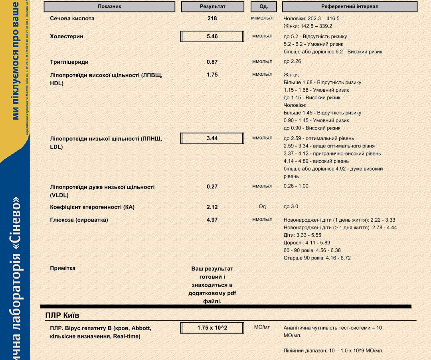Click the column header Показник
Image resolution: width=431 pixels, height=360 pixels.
pyautogui.click(x=109, y=7)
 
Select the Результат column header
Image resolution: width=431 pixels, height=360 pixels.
pyautogui.click(x=212, y=7)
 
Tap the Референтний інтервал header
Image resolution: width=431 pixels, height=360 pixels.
pyautogui.click(x=350, y=7)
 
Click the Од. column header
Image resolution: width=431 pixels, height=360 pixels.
pyautogui.click(x=263, y=7)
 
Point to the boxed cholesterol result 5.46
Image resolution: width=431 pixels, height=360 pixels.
pyautogui.click(x=212, y=36)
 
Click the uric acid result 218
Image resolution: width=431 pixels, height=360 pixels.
pyautogui.click(x=212, y=19)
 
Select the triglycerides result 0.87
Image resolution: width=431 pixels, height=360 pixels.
pyautogui.click(x=212, y=62)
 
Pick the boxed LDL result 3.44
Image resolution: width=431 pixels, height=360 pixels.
pyautogui.click(x=212, y=138)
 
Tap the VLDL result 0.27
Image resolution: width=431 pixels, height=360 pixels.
pyautogui.click(x=212, y=187)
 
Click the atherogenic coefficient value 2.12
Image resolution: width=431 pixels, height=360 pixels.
pyautogui.click(x=212, y=207)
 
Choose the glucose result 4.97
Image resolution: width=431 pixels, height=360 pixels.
pyautogui.click(x=212, y=220)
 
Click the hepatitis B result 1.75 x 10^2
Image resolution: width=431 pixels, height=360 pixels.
pyautogui.click(x=212, y=328)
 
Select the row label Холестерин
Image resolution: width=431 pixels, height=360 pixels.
pyautogui.click(x=67, y=36)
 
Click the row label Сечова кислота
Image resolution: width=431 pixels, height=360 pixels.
pyautogui.click(x=72, y=19)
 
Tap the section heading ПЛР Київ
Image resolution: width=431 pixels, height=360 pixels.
pyautogui.click(x=62, y=315)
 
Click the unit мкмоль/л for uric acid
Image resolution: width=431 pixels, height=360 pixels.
pyautogui.click(x=262, y=18)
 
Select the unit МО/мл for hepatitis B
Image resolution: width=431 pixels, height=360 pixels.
pyautogui.click(x=262, y=327)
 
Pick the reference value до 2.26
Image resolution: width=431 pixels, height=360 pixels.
pyautogui.click(x=292, y=61)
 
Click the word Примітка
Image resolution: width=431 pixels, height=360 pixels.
pyautogui.click(x=63, y=268)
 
